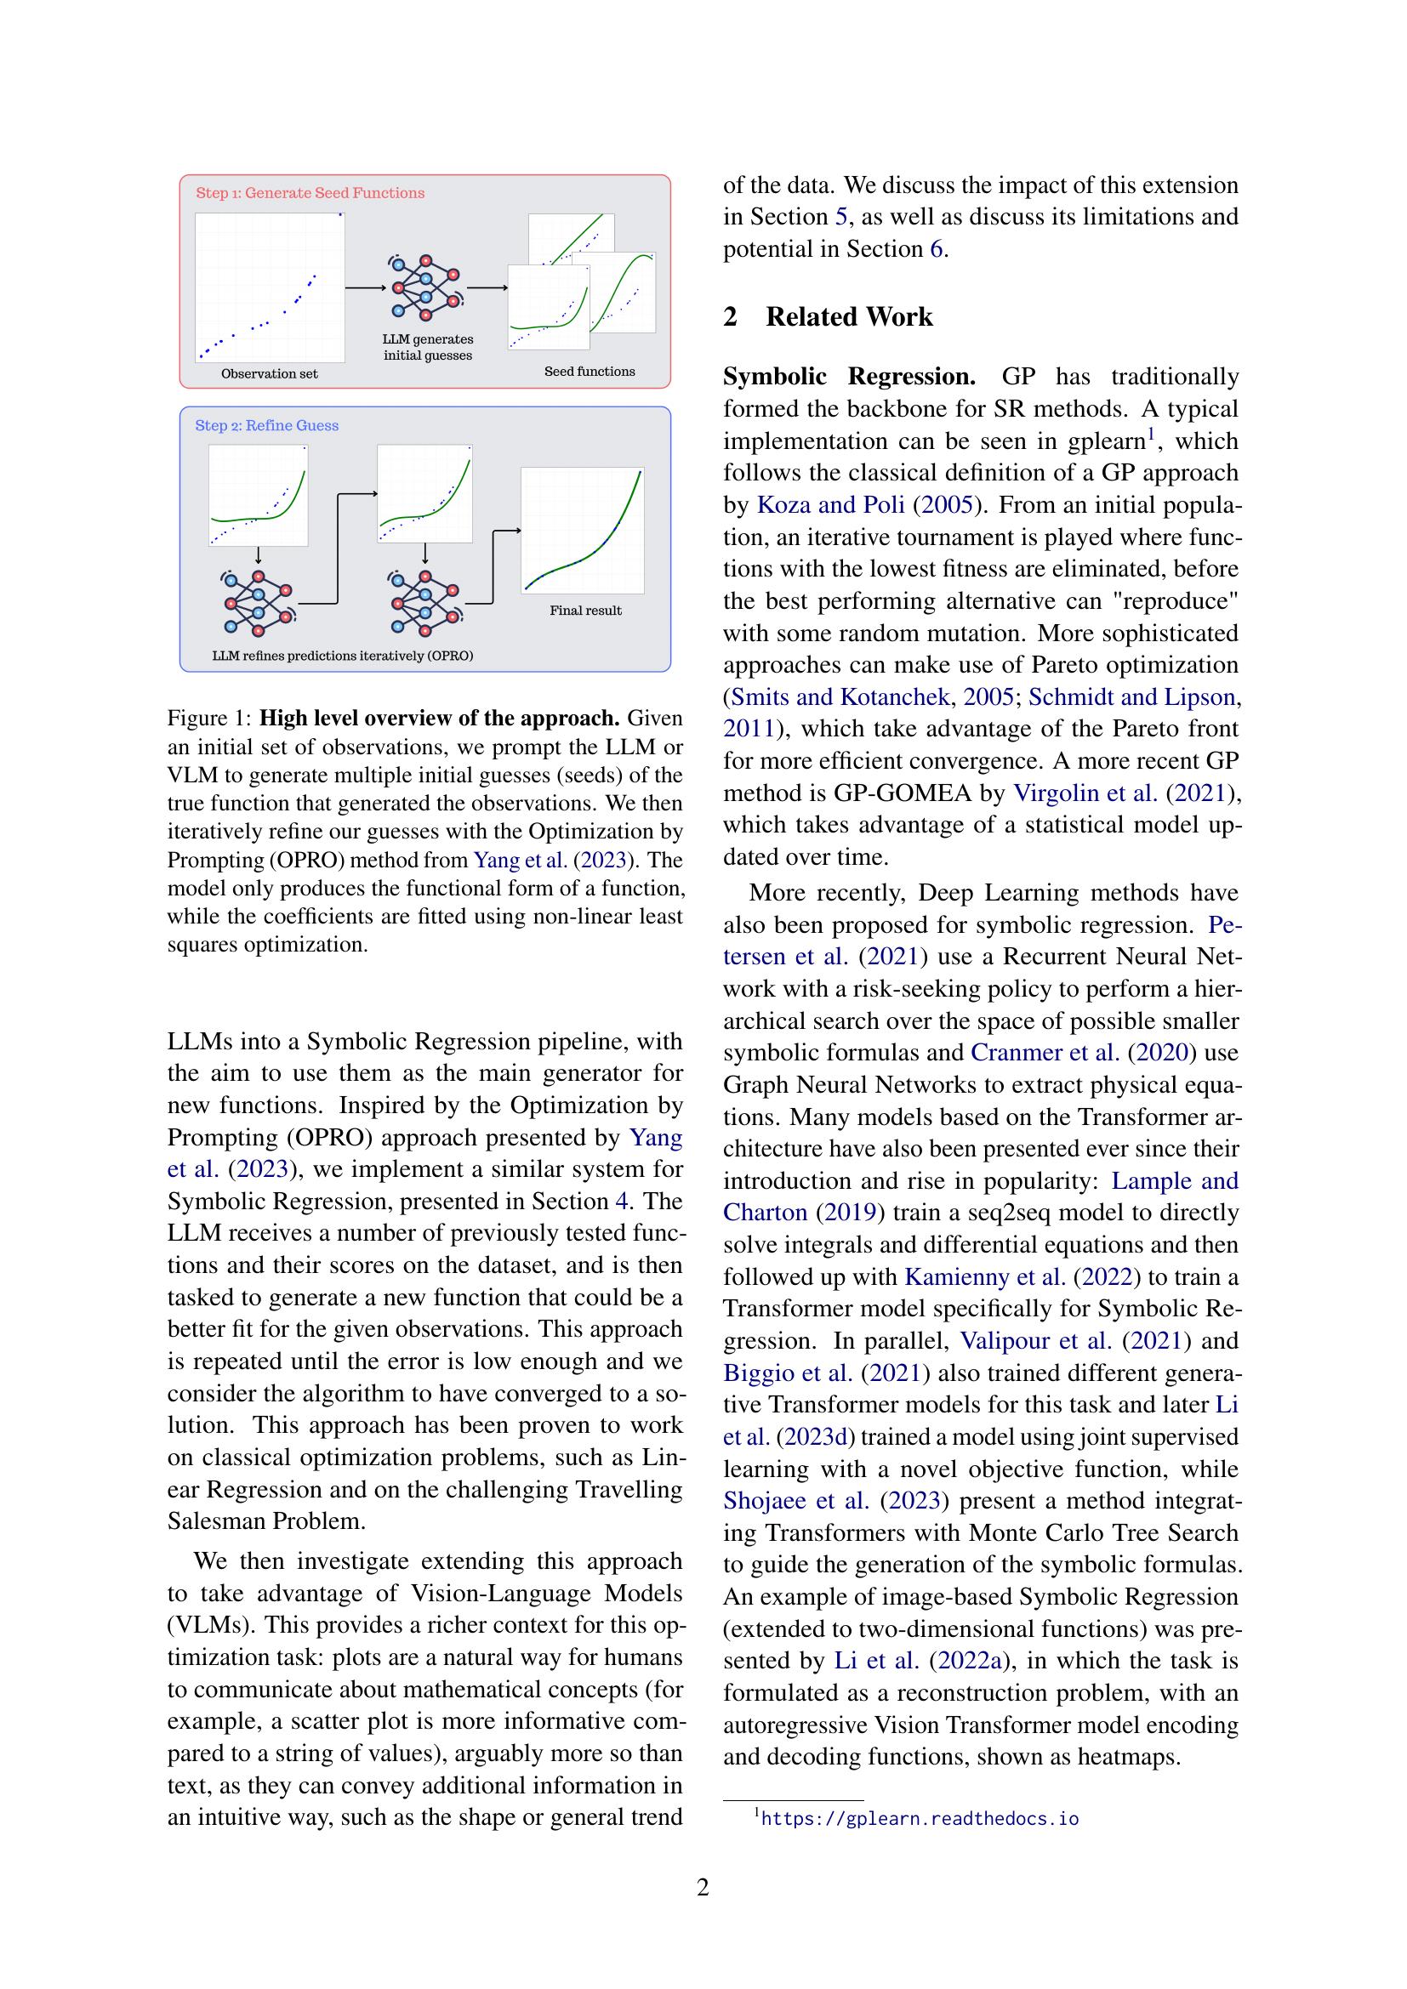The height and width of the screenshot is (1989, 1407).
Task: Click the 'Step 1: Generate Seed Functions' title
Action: click(310, 193)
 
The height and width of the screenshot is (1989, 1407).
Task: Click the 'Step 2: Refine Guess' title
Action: click(267, 425)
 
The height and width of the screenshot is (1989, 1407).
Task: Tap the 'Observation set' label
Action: click(270, 374)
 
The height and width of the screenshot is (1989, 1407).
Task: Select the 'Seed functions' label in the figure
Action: click(590, 372)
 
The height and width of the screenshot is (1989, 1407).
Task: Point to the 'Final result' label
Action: click(584, 611)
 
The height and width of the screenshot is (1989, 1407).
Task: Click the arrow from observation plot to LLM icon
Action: click(364, 287)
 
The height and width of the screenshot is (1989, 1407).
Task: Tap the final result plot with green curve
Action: click(582, 530)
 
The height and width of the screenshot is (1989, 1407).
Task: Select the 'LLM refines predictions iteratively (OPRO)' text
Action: click(343, 656)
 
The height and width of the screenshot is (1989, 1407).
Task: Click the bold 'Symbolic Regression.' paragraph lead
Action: click(849, 377)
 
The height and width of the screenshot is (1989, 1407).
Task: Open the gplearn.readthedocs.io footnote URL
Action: click(920, 1818)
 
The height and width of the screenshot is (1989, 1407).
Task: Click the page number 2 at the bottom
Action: click(703, 1887)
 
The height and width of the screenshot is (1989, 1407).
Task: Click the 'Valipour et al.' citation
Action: click(1036, 1341)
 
